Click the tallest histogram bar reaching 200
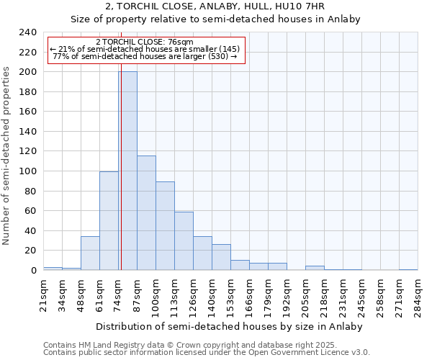[128, 171]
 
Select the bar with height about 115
[146, 212]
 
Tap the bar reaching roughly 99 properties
[109, 220]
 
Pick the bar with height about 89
[165, 225]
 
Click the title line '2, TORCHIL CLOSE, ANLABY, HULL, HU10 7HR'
[215, 6]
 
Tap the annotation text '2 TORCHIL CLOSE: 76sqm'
[144, 42]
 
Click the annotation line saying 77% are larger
[145, 56]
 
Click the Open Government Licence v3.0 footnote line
[207, 353]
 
